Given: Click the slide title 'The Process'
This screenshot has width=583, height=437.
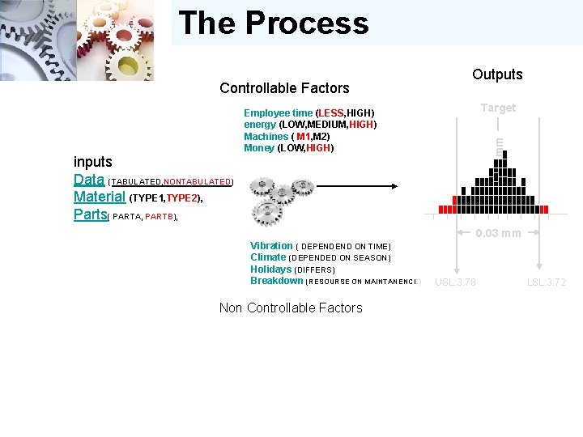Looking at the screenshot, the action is point(273,23).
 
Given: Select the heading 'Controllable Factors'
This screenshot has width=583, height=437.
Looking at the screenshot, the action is point(284,88).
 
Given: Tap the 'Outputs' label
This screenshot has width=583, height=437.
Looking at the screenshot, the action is point(497,74).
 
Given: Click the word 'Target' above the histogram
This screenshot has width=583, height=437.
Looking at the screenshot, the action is point(497,108).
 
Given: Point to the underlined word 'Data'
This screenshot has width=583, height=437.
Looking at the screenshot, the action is point(88,180).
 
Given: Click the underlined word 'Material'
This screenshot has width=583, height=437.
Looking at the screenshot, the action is point(100,197).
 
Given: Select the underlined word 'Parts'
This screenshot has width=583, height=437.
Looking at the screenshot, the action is point(90,214).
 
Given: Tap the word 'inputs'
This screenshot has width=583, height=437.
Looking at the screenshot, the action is point(93,162).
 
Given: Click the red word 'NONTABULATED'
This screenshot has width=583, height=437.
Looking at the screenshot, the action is point(198,182).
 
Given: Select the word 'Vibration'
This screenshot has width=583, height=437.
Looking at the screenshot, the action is point(271,246).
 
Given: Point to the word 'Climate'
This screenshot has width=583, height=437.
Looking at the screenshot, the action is point(268,257).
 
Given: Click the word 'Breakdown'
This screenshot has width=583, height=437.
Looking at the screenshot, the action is point(276,281).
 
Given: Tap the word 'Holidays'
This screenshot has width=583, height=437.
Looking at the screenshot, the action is point(270,269).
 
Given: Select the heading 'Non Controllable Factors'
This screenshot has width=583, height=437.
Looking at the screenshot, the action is point(291,308).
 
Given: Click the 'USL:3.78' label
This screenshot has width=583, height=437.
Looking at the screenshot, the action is point(455,282).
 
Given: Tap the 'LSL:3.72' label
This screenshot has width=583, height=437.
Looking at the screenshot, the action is point(547,282).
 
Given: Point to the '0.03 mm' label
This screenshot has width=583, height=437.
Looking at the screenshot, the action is point(498,234).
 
